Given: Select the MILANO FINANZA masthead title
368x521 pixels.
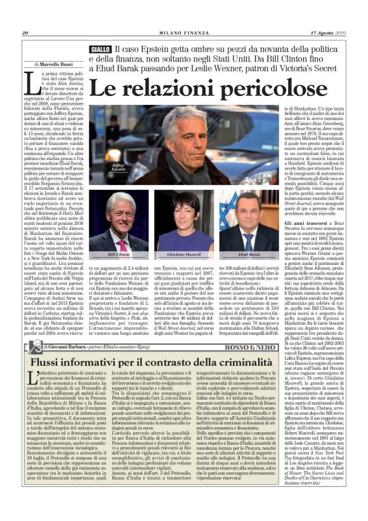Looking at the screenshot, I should [x=183, y=33].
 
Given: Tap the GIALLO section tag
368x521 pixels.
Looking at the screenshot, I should [x=100, y=50].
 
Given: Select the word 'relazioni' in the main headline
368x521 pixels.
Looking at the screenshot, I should [x=159, y=90].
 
